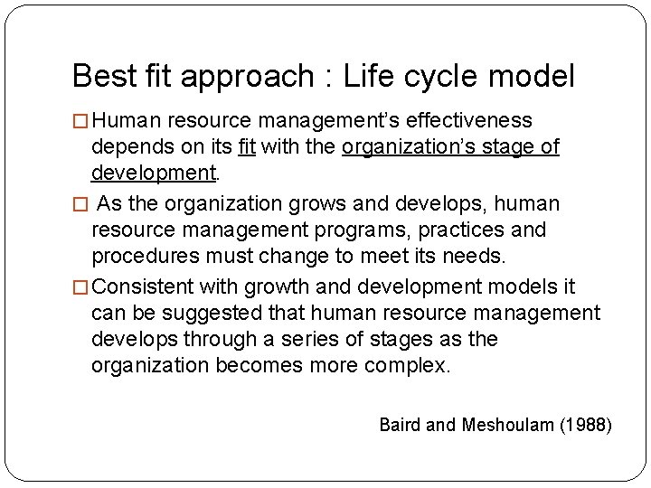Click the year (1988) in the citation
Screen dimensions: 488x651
point(585,424)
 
